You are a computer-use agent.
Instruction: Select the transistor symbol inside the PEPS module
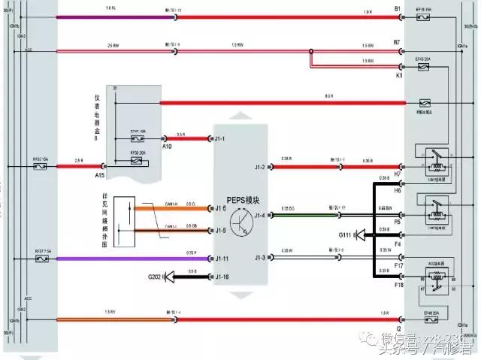pyautogui.click(x=242, y=221)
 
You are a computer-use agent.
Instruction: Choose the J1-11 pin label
pyautogui.click(x=222, y=259)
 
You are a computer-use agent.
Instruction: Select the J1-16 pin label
pyautogui.click(x=222, y=277)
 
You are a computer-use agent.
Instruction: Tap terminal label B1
pyautogui.click(x=398, y=9)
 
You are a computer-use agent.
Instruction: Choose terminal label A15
pyautogui.click(x=99, y=174)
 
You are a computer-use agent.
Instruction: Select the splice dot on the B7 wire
pyautogui.click(x=310, y=52)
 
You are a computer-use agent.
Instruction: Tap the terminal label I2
pyautogui.click(x=398, y=328)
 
